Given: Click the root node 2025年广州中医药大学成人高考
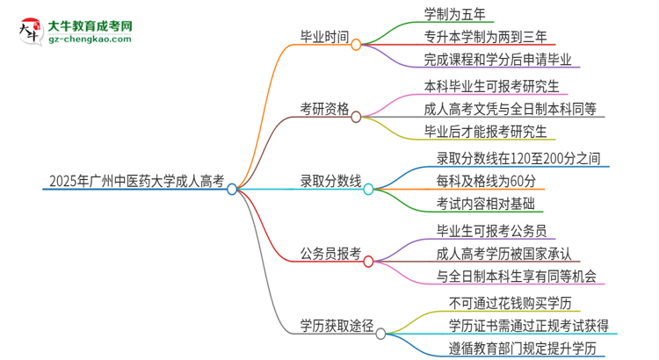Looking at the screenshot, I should [132, 185].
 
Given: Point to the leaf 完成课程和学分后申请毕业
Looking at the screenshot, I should [496, 61].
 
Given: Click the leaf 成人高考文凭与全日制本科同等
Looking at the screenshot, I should [509, 110].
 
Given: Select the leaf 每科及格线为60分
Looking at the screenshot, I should [486, 182].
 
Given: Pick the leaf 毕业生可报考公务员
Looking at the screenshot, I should [492, 231].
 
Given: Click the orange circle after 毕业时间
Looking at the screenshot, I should [356, 44].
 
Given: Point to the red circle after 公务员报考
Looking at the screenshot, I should [368, 261].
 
